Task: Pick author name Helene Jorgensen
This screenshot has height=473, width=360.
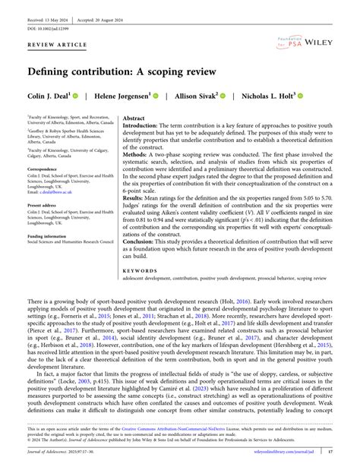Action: pyautogui.click(x=122, y=96)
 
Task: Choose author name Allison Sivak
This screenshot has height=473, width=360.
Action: pyautogui.click(x=194, y=96)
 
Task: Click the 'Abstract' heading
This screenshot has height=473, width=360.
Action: pyautogui.click(x=134, y=119)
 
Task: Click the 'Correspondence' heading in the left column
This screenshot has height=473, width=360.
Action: pyautogui.click(x=46, y=168)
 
